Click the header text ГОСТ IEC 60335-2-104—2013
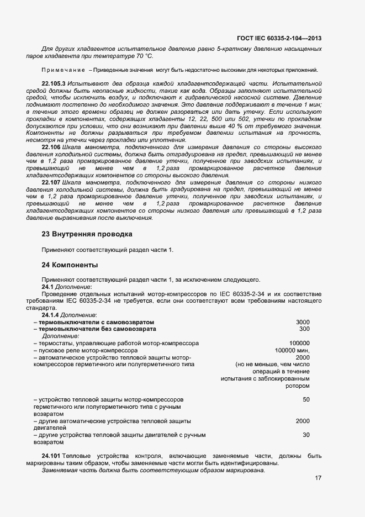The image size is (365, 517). point(279,38)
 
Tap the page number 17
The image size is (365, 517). point(318,478)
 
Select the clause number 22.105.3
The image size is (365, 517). point(54,82)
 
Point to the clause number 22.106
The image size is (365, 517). point(51,149)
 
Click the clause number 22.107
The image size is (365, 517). point(51,182)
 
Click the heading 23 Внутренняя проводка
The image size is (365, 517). point(87,234)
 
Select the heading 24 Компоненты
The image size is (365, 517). point(70,265)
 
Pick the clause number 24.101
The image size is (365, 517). point(51,456)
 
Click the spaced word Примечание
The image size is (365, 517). point(63,70)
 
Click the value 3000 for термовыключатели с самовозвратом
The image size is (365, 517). point(303,322)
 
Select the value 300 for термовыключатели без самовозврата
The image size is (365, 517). point(304,329)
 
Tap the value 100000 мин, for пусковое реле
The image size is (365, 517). point(292,350)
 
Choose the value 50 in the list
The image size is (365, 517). point(306,399)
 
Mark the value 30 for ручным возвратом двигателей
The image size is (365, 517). point(306,435)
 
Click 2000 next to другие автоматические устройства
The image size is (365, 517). point(303,421)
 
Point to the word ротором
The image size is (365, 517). point(297,386)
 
